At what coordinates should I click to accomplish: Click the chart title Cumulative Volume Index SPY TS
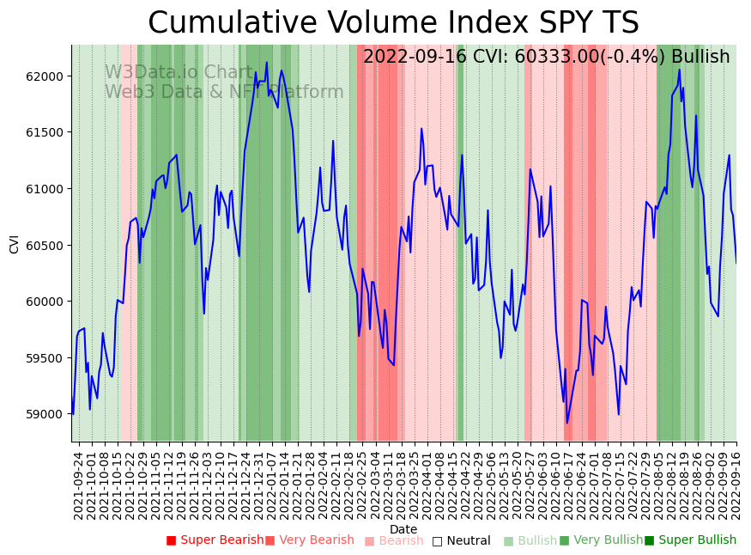coord(393,23)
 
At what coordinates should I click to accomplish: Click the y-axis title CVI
coord(15,243)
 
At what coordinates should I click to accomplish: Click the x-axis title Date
coord(403,529)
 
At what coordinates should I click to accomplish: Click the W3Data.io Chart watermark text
coord(179,72)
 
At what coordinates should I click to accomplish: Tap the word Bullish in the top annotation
coord(700,58)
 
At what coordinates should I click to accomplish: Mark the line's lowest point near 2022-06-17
coord(567,423)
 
